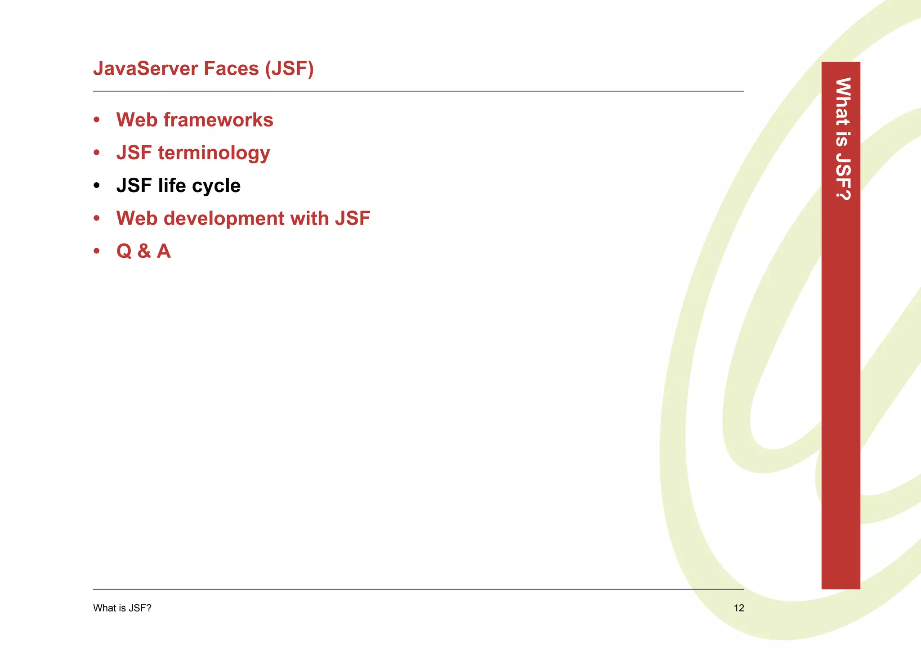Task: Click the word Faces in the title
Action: [x=231, y=69]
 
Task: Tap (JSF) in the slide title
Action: [x=289, y=69]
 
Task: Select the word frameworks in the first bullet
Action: [x=218, y=120]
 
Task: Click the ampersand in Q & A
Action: [x=144, y=251]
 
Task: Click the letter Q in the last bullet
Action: [x=124, y=251]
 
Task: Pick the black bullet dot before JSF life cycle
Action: [x=97, y=186]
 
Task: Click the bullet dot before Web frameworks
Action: [x=97, y=120]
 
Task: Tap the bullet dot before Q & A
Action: [x=97, y=251]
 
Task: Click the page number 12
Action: [x=739, y=608]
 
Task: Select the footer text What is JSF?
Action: [x=122, y=608]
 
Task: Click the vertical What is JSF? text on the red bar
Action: [x=842, y=139]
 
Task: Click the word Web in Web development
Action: [x=137, y=219]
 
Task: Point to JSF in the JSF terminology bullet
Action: [x=134, y=153]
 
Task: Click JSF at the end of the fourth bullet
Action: [x=352, y=219]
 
